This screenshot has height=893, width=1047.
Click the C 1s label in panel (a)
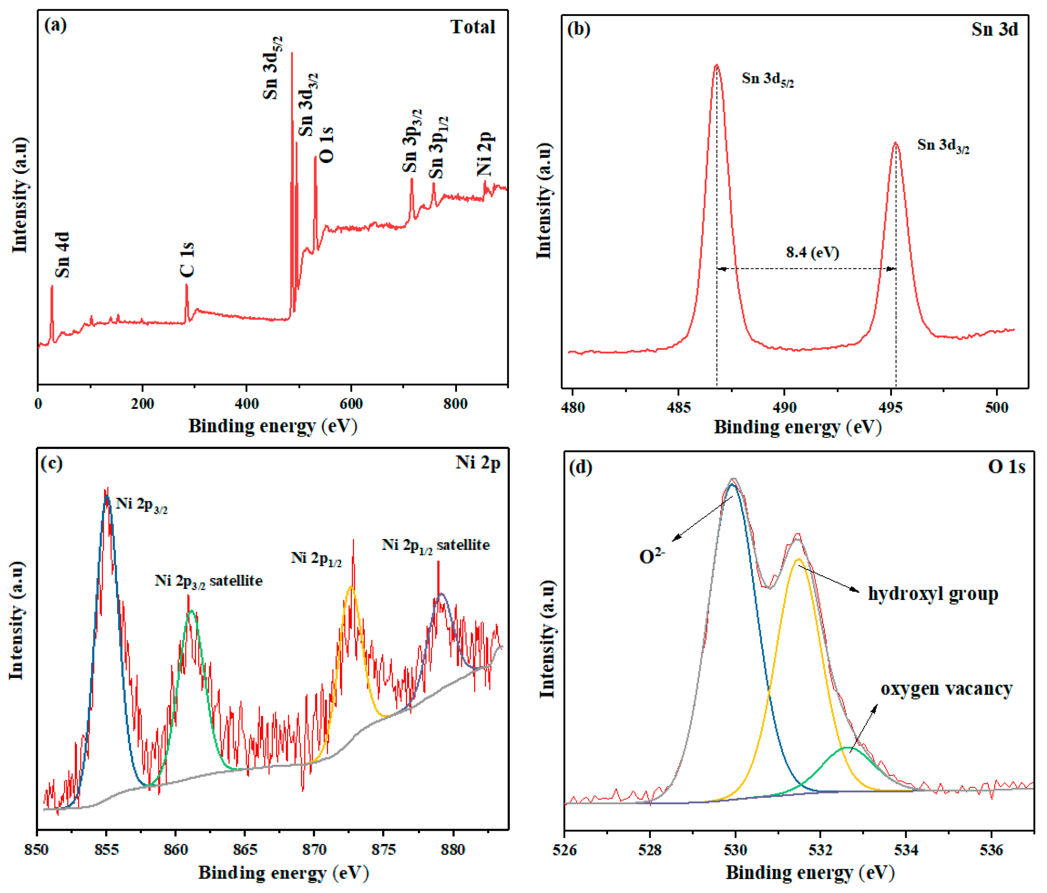point(187,259)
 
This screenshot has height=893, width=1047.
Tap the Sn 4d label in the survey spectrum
point(62,255)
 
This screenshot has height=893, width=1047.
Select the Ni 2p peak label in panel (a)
point(485,154)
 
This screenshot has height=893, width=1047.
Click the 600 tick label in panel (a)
point(351,404)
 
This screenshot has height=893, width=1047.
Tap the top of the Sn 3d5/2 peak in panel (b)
point(716,66)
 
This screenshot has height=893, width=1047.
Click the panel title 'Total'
point(473,27)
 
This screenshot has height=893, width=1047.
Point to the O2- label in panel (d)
point(652,556)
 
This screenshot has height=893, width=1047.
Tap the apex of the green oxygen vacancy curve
point(845,747)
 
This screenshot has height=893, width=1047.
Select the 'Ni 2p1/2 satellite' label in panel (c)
point(435,545)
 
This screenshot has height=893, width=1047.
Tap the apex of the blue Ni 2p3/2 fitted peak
point(107,497)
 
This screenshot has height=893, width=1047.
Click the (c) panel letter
point(51,463)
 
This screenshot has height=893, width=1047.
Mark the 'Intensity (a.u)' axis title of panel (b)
point(544,201)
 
